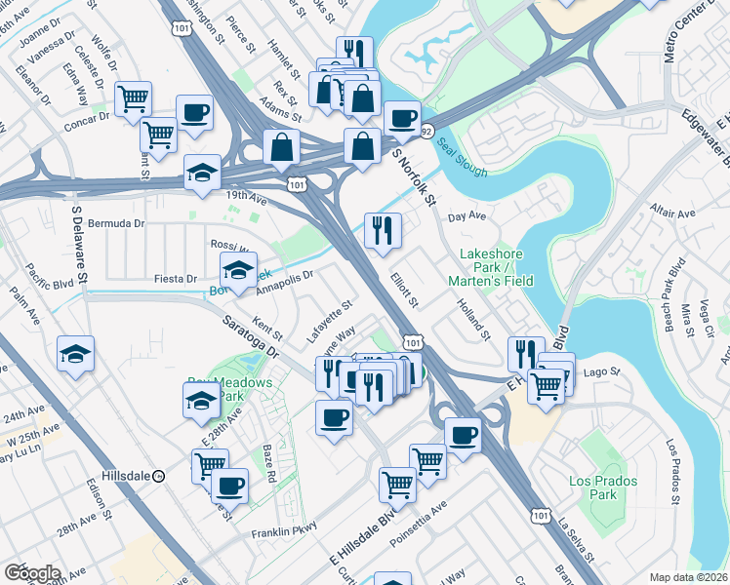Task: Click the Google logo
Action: pyautogui.click(x=32, y=572)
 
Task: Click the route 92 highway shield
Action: pyautogui.click(x=426, y=130)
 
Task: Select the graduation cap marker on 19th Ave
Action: pyautogui.click(x=203, y=174)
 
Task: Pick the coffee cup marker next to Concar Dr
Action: pyautogui.click(x=193, y=112)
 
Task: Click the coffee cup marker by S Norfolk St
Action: pyautogui.click(x=402, y=119)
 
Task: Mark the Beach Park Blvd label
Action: pyautogui.click(x=672, y=284)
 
